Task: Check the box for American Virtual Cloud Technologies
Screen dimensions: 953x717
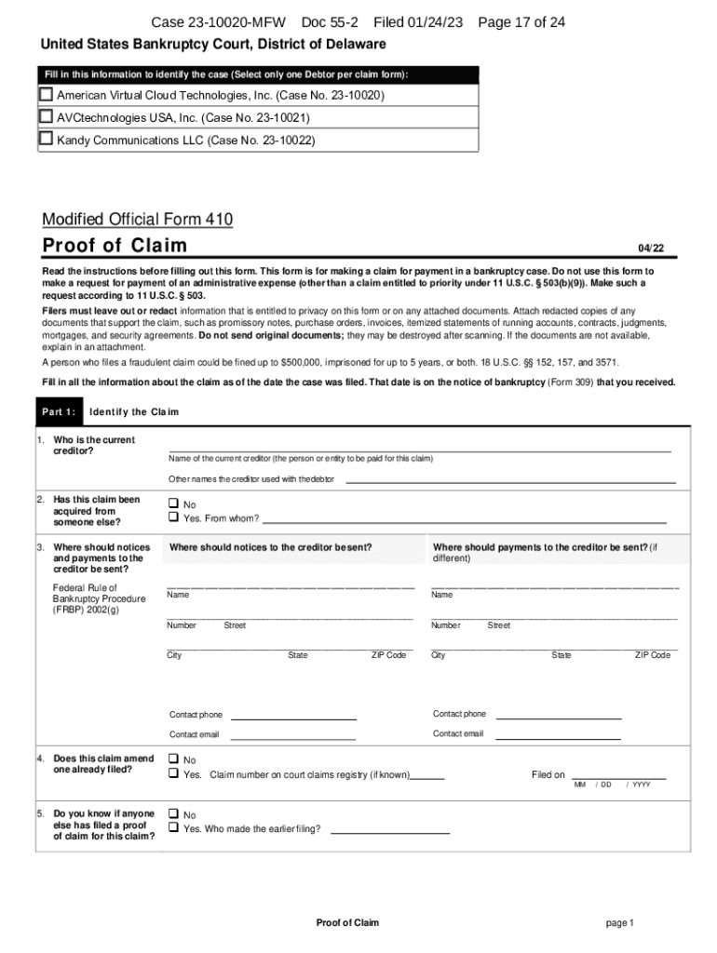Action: tap(46, 95)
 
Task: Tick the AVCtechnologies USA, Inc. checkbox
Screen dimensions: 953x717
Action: tap(46, 116)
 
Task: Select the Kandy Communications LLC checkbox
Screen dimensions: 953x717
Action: tap(46, 139)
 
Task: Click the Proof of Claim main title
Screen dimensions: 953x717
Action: tap(115, 246)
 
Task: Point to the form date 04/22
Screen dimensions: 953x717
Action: tap(651, 248)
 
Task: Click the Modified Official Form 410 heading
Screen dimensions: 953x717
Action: tap(137, 220)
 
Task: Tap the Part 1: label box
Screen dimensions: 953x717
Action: tap(58, 411)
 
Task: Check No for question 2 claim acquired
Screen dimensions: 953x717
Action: tap(173, 503)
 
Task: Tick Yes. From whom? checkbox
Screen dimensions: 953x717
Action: tap(173, 517)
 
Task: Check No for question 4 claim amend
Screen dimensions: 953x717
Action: tap(173, 759)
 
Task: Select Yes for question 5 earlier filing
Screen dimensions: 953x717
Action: tap(173, 827)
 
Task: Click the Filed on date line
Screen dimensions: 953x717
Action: tap(618, 775)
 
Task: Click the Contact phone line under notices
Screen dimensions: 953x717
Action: tap(293, 717)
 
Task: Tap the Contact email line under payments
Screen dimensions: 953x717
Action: tap(558, 736)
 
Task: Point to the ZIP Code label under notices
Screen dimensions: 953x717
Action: tap(388, 655)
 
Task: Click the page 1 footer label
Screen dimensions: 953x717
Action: tap(619, 922)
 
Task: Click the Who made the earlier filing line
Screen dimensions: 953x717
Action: tap(390, 830)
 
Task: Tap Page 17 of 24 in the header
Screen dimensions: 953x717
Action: tap(521, 22)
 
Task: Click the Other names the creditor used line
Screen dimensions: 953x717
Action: tap(510, 481)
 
